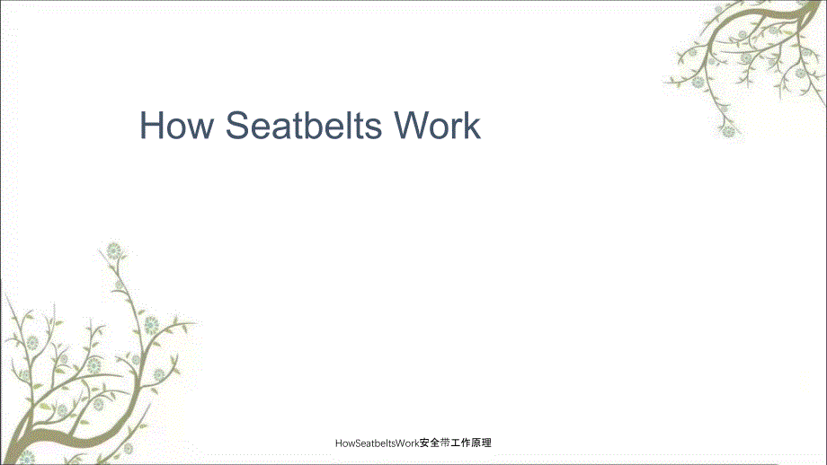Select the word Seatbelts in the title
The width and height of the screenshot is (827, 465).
303,126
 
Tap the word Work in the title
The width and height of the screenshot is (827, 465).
437,126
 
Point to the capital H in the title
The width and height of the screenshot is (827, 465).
151,126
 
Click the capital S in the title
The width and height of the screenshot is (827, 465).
238,126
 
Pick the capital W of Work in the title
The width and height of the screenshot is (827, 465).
412,126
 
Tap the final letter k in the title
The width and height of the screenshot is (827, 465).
473,126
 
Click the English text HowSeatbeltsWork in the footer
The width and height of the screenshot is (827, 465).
378,443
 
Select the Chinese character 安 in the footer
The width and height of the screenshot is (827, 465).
424,443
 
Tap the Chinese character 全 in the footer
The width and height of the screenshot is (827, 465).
434,443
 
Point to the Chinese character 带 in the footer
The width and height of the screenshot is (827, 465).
445,443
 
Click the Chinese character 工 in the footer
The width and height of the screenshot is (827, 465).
455,443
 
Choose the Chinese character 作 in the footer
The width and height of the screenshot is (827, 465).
466,443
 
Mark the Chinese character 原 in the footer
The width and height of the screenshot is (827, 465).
476,443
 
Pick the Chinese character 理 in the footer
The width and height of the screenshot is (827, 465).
486,443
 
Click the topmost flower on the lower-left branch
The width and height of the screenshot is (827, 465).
114,250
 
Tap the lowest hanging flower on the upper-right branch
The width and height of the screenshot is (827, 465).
728,130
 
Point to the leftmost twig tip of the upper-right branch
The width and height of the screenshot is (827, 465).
665,83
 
